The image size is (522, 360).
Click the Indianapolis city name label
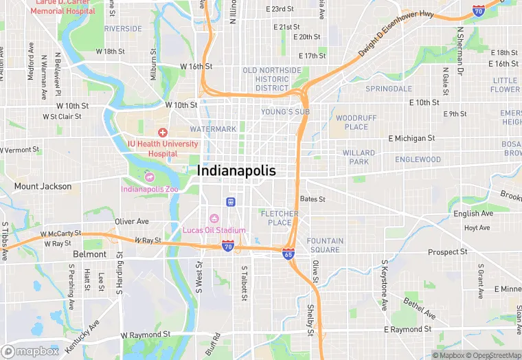pyautogui.click(x=236, y=170)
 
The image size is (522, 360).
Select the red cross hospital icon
pyautogui.click(x=163, y=132)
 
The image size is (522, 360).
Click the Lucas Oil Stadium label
pyautogui.click(x=214, y=229)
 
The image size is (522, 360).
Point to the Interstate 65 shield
pyautogui.click(x=289, y=254)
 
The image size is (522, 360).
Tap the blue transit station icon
pyautogui.click(x=231, y=201)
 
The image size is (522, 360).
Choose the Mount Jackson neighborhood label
pyautogui.click(x=43, y=186)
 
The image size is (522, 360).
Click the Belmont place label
pyautogui.click(x=90, y=254)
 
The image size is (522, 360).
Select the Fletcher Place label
pyautogui.click(x=280, y=218)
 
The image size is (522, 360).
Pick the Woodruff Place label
pyautogui.click(x=356, y=122)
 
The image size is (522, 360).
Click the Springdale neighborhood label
pyautogui.click(x=389, y=89)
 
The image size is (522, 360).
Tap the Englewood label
pyautogui.click(x=418, y=159)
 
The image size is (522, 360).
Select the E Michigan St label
pyautogui.click(x=411, y=138)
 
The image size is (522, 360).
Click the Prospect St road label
pyautogui.click(x=447, y=252)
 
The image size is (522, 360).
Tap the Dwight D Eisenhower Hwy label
pyautogui.click(x=397, y=35)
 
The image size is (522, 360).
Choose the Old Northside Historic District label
pyautogui.click(x=272, y=79)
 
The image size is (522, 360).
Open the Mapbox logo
pyautogui.click(x=30, y=351)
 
